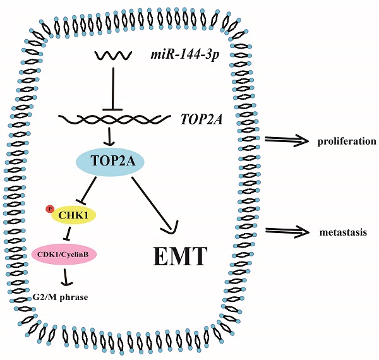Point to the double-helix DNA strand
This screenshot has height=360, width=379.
click(x=114, y=118)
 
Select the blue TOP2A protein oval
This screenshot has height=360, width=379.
click(x=111, y=162)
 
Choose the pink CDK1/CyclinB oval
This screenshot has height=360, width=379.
click(x=64, y=254)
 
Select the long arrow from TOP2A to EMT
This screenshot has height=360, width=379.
click(x=155, y=201)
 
